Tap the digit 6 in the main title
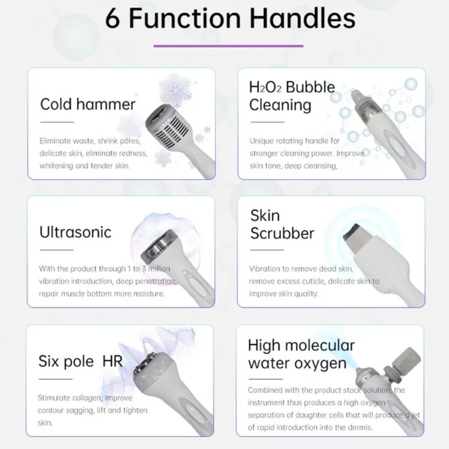113,18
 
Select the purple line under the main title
228,45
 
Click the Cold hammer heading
88,104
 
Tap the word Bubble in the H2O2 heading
310,87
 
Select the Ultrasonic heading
75,232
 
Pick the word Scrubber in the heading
282,233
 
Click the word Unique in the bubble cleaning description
261,141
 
